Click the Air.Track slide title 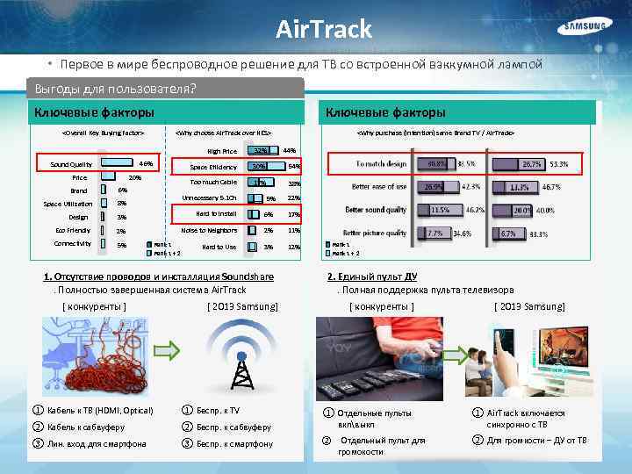pos(324,29)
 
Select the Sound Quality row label pos(71,164)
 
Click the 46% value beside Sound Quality pos(147,163)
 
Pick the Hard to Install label pos(216,213)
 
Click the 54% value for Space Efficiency pos(295,166)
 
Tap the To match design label pos(382,164)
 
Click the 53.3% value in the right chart pos(558,164)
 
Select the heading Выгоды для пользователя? pos(114,89)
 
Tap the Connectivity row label pos(73,244)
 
